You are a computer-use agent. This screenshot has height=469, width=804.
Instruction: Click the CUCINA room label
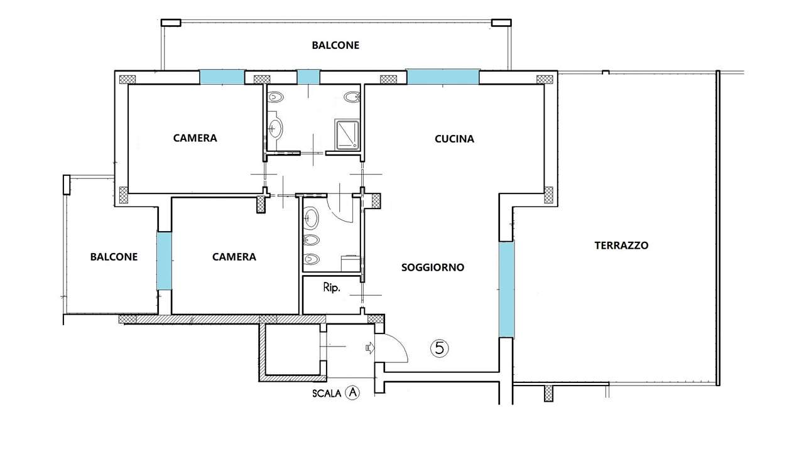point(454,139)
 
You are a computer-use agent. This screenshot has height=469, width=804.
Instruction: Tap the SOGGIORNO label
point(433,267)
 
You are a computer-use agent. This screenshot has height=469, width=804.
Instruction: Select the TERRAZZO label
point(621,245)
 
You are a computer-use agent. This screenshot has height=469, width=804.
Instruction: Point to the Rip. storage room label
point(332,288)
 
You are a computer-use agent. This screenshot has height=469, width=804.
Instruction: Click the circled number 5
point(439,348)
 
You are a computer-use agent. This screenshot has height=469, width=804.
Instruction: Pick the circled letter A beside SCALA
point(352,392)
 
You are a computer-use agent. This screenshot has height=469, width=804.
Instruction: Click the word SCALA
point(327,394)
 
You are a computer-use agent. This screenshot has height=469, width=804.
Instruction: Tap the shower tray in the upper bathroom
point(347,134)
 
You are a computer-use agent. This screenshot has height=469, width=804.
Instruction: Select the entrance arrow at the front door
point(370,347)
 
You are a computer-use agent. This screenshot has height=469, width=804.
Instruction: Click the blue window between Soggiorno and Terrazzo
point(507,289)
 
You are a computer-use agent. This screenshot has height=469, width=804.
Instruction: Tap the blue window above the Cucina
point(443,77)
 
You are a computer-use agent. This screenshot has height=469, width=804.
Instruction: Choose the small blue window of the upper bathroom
point(308,77)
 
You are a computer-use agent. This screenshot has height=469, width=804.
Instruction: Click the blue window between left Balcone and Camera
point(164,261)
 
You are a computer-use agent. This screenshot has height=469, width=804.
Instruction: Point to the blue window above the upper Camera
point(222,77)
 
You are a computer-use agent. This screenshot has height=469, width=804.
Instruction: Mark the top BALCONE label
point(335,45)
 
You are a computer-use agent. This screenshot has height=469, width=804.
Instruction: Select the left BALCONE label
point(114,257)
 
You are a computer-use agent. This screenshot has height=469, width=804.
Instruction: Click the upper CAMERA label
point(195,138)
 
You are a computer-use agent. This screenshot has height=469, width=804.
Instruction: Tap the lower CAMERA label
point(234,257)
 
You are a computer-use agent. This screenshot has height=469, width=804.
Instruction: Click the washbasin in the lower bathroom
point(311,218)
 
